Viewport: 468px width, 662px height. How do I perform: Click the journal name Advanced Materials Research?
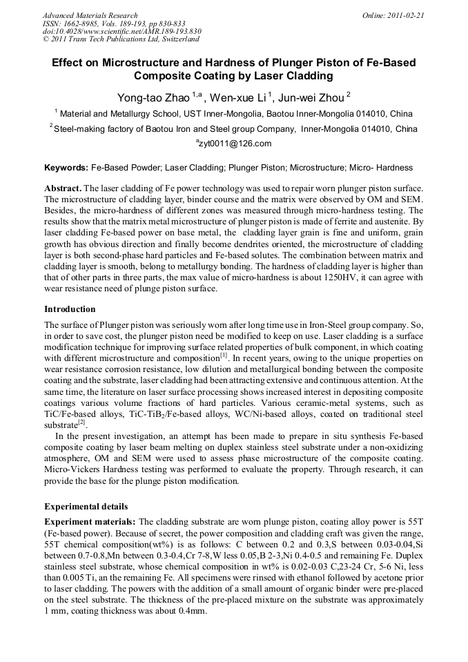[x=90, y=15]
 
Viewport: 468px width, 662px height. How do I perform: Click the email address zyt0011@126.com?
[x=235, y=144]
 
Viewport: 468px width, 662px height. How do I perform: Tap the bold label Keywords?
[x=66, y=168]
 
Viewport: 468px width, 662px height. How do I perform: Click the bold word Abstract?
[x=63, y=188]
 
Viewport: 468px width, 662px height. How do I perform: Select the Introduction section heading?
[x=70, y=309]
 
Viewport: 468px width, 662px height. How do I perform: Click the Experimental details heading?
[x=86, y=507]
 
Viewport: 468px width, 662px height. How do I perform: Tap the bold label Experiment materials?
[x=90, y=521]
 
